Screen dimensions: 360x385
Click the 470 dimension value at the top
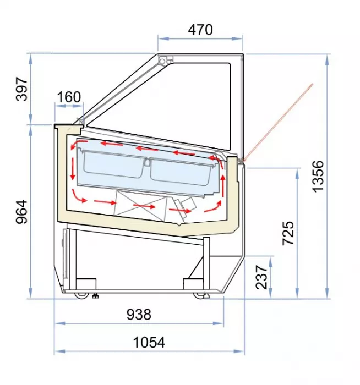click(200, 30)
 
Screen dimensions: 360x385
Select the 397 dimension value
click(21, 89)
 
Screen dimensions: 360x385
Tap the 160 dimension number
click(69, 97)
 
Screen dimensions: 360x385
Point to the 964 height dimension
click(21, 212)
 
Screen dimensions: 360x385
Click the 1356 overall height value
click(318, 176)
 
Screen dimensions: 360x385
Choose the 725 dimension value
click(288, 233)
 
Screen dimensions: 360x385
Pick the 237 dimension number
click(261, 277)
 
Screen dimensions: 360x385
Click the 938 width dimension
click(139, 314)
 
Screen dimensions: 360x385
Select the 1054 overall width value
click(149, 342)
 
